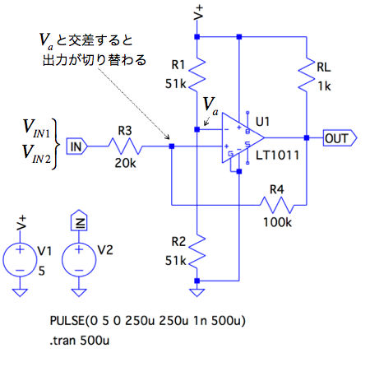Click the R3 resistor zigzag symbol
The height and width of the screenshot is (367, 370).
click(x=125, y=146)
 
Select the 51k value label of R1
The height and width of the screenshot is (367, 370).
click(x=175, y=84)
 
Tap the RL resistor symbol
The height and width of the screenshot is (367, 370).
click(x=307, y=75)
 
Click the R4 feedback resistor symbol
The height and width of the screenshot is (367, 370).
click(x=277, y=205)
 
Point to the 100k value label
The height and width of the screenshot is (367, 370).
click(x=277, y=222)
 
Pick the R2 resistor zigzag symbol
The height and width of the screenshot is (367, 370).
click(x=197, y=252)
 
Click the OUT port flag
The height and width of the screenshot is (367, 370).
click(x=340, y=137)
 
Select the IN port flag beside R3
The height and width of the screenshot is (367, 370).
click(x=76, y=146)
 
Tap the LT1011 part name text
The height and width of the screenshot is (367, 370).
click(x=277, y=156)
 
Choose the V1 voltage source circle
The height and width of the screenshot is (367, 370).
click(x=20, y=259)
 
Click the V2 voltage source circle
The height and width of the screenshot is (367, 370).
click(x=79, y=259)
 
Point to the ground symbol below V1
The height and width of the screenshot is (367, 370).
click(x=20, y=292)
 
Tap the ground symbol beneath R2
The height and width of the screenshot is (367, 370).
click(x=197, y=292)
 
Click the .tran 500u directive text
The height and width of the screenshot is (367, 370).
click(x=80, y=341)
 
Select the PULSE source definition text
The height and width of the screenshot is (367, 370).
click(x=147, y=321)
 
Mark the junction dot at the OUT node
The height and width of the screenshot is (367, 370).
click(x=307, y=137)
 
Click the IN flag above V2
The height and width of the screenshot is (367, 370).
click(x=79, y=221)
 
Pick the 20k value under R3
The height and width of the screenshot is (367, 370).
click(x=125, y=163)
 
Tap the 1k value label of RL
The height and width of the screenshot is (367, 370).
click(x=324, y=86)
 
